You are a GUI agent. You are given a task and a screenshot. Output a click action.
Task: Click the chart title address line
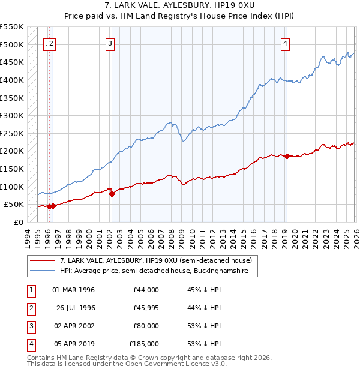click(179, 5)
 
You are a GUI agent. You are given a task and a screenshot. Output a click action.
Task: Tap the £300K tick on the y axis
click(12, 115)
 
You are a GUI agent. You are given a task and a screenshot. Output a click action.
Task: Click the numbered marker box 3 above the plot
click(111, 43)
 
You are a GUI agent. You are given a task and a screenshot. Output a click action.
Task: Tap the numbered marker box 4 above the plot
click(286, 43)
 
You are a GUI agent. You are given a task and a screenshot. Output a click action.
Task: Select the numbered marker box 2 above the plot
click(52, 43)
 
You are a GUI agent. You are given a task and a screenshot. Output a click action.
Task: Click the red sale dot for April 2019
click(287, 157)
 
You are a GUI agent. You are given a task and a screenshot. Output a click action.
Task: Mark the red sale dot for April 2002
click(112, 194)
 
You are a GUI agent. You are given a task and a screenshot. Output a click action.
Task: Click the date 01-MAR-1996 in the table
click(73, 290)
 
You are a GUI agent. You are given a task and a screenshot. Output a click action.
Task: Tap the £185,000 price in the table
click(143, 344)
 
